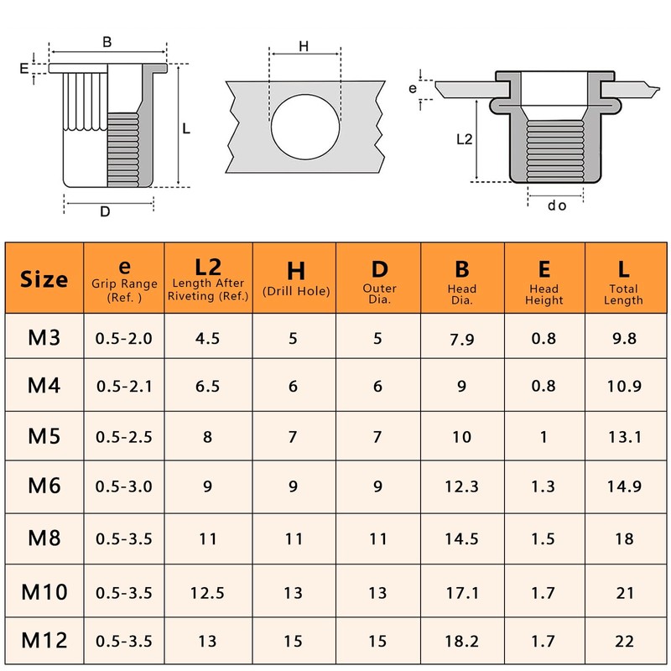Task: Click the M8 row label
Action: pyautogui.click(x=44, y=538)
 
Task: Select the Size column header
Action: pyautogui.click(x=44, y=279)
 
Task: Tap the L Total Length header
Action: pyautogui.click(x=623, y=282)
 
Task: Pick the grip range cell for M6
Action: pyautogui.click(x=123, y=486)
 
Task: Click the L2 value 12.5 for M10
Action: pyautogui.click(x=207, y=593)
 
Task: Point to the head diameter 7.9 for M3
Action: pyautogui.click(x=462, y=339)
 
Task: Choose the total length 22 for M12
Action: pyautogui.click(x=624, y=641)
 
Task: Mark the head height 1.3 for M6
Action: pyautogui.click(x=543, y=486)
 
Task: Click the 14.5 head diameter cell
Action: pyautogui.click(x=461, y=538)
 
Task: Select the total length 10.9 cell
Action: pyautogui.click(x=624, y=387)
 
